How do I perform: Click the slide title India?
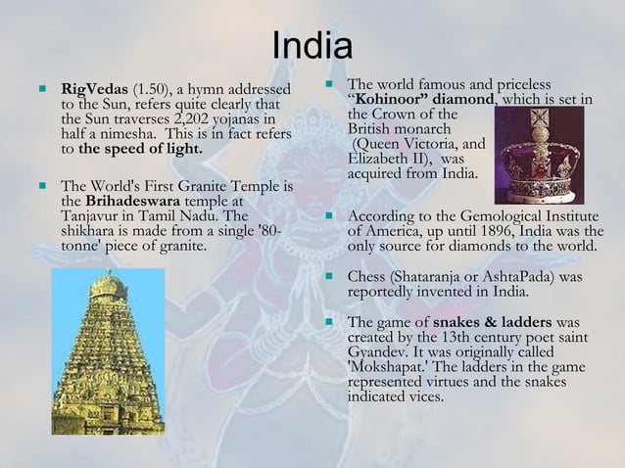click(312, 45)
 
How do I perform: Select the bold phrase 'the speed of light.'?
click(140, 150)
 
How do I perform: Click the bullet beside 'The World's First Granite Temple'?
click(40, 186)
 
